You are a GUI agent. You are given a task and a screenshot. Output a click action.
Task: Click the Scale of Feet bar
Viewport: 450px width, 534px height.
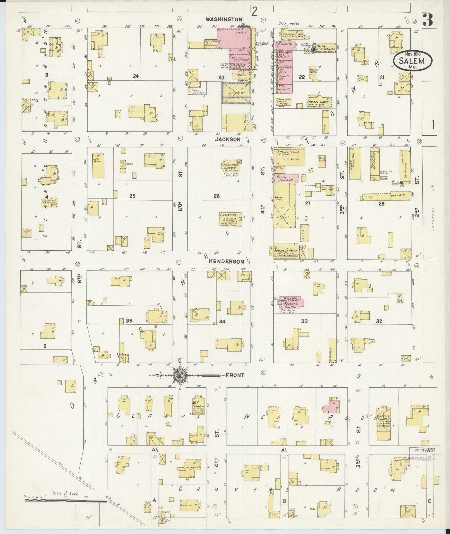pyautogui.click(x=66, y=501)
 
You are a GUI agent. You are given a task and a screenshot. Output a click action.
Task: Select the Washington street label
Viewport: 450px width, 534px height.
pyautogui.click(x=224, y=19)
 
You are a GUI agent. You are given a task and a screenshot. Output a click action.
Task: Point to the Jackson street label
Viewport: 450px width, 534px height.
pyautogui.click(x=227, y=139)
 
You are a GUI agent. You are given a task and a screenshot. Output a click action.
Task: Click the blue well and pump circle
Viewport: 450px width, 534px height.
pyautogui.click(x=260, y=44)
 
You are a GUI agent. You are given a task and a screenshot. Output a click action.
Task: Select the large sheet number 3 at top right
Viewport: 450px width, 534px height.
pyautogui.click(x=428, y=20)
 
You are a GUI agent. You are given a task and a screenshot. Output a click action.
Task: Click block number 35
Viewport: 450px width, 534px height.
pyautogui.click(x=129, y=321)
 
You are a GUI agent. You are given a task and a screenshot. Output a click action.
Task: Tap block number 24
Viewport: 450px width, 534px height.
pyautogui.click(x=136, y=76)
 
